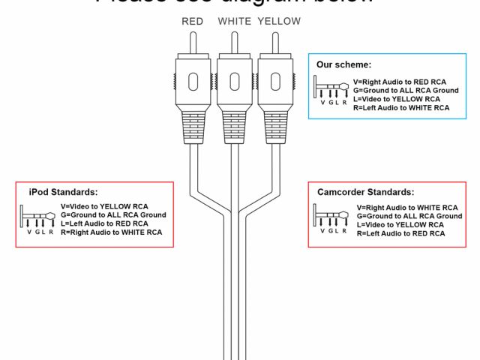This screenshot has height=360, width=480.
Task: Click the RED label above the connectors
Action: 193,22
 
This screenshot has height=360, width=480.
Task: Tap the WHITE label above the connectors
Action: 234,22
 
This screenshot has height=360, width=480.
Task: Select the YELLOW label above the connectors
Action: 279,22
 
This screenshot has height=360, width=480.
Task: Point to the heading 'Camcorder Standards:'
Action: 366,193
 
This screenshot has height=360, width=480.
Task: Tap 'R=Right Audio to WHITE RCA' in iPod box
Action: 111,232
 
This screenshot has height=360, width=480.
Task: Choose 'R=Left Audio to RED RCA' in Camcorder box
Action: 400,234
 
